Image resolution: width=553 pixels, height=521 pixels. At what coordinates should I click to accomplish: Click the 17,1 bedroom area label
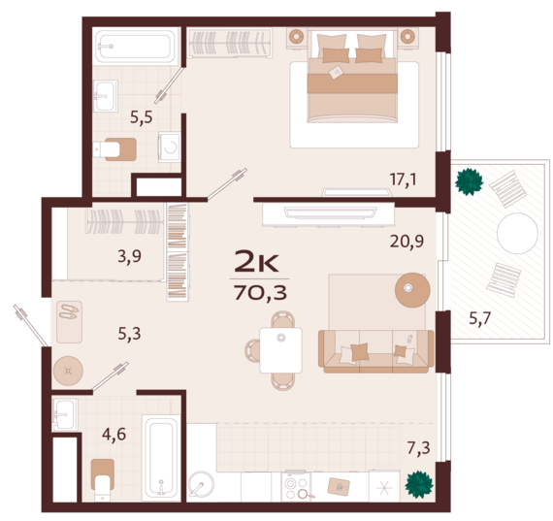click(403, 179)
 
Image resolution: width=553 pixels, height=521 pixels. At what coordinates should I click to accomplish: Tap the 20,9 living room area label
click(407, 242)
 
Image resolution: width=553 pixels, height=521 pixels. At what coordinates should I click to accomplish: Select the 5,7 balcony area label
click(480, 318)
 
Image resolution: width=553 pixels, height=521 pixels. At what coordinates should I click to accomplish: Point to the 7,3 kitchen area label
click(418, 448)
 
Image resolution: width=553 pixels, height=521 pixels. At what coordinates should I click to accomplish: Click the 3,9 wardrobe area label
click(129, 256)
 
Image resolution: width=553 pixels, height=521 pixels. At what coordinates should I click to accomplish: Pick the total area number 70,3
click(260, 292)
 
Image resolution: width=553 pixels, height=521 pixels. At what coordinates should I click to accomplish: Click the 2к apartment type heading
click(257, 261)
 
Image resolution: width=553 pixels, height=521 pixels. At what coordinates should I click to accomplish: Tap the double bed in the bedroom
click(352, 76)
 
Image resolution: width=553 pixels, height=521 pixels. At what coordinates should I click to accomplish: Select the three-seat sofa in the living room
click(376, 351)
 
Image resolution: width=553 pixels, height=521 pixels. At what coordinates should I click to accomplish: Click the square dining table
click(280, 350)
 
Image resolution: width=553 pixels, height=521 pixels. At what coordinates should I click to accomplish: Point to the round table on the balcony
click(517, 233)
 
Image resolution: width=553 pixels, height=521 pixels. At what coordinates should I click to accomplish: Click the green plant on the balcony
click(469, 181)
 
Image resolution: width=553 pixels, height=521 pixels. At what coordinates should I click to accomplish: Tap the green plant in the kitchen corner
click(419, 484)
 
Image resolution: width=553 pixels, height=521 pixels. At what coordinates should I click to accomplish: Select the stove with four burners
click(296, 487)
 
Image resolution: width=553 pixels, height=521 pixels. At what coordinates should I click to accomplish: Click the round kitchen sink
click(201, 486)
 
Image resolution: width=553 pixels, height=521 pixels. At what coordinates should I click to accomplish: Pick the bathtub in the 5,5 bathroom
click(136, 46)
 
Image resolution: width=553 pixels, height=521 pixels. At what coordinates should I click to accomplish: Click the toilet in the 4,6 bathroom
click(103, 479)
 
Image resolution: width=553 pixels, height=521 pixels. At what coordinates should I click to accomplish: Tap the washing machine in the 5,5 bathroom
click(169, 147)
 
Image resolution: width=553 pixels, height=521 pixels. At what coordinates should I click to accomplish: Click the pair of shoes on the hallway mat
click(69, 311)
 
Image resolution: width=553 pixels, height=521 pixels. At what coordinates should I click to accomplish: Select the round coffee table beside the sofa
click(412, 290)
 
